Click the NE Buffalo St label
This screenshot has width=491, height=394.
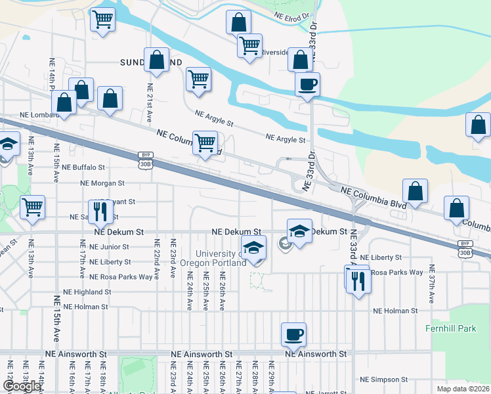tap(84, 167)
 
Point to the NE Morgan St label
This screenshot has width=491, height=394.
tap(102, 183)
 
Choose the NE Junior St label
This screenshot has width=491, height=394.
tap(109, 247)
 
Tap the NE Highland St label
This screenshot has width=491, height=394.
tap(87, 292)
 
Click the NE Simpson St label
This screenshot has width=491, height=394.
tap(385, 380)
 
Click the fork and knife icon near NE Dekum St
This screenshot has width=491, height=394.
tap(99, 211)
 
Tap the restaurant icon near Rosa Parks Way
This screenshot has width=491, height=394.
tap(358, 280)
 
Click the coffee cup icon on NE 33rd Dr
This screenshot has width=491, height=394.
tap(307, 83)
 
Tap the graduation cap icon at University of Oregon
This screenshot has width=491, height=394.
tap(253, 248)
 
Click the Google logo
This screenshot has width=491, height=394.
tap(22, 387)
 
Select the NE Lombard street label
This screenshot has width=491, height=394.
tap(39, 114)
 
